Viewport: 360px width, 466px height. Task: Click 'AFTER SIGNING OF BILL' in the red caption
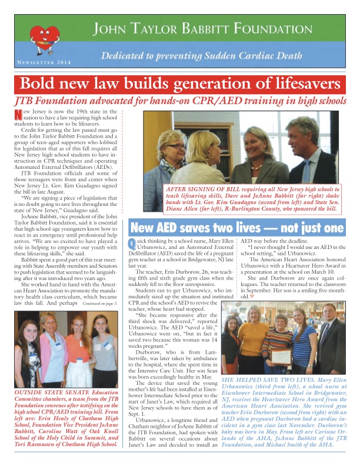(x=204, y=187)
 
